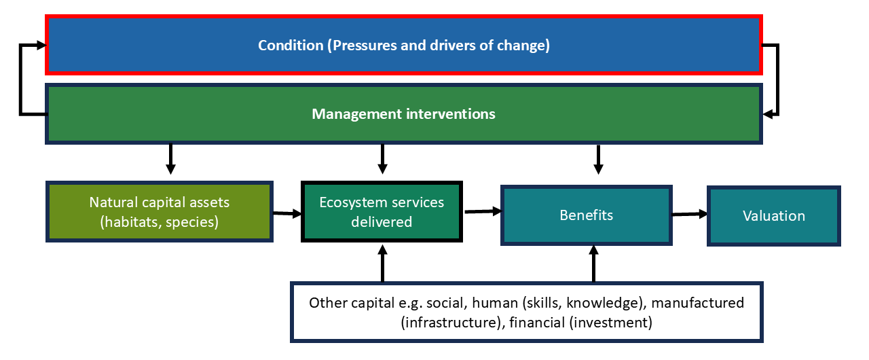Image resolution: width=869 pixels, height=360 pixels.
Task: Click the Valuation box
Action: point(774,216)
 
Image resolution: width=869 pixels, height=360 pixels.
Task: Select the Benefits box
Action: point(587,215)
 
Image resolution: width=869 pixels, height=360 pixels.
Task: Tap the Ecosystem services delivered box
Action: point(382,212)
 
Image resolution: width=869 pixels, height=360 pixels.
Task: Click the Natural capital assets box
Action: point(160,211)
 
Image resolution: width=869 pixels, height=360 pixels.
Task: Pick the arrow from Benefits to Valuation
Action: point(689,215)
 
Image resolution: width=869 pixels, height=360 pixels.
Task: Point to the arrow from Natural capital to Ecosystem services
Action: point(286,214)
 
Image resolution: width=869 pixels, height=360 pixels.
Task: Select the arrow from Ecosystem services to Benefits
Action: point(483,211)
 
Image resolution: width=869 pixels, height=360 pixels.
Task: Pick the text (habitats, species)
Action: point(160,221)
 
